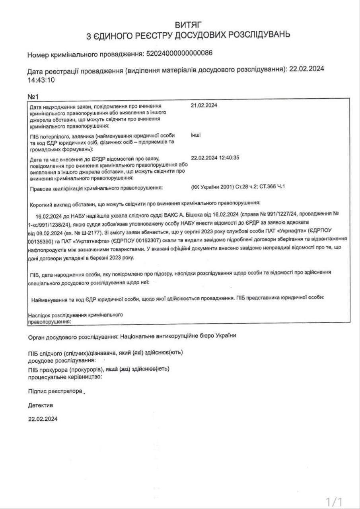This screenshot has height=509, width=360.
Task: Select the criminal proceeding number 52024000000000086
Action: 180,54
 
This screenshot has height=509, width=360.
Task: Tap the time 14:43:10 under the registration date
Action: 41,80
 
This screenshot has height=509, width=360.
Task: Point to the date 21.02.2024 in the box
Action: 204,106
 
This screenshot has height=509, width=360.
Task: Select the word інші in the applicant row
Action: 196,135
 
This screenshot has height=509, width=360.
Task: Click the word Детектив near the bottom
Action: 40,405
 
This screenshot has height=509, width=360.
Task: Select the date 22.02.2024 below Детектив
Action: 43,419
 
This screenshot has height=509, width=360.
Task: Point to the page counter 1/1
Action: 334,501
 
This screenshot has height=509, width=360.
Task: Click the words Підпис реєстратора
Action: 55,391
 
